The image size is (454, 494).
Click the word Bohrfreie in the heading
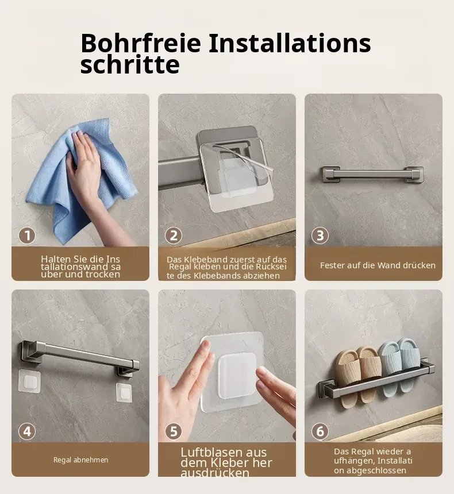141,43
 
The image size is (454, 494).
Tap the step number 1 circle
27,236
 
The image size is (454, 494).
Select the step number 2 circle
174,236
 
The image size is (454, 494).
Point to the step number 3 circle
320,236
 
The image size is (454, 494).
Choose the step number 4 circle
27,431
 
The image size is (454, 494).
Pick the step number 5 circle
174,431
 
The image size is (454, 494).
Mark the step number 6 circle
320,431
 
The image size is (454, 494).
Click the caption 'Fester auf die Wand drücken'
378,265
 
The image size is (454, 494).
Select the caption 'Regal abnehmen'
80,460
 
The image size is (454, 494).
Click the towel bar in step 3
372,175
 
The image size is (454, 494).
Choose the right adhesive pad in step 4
124,392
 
